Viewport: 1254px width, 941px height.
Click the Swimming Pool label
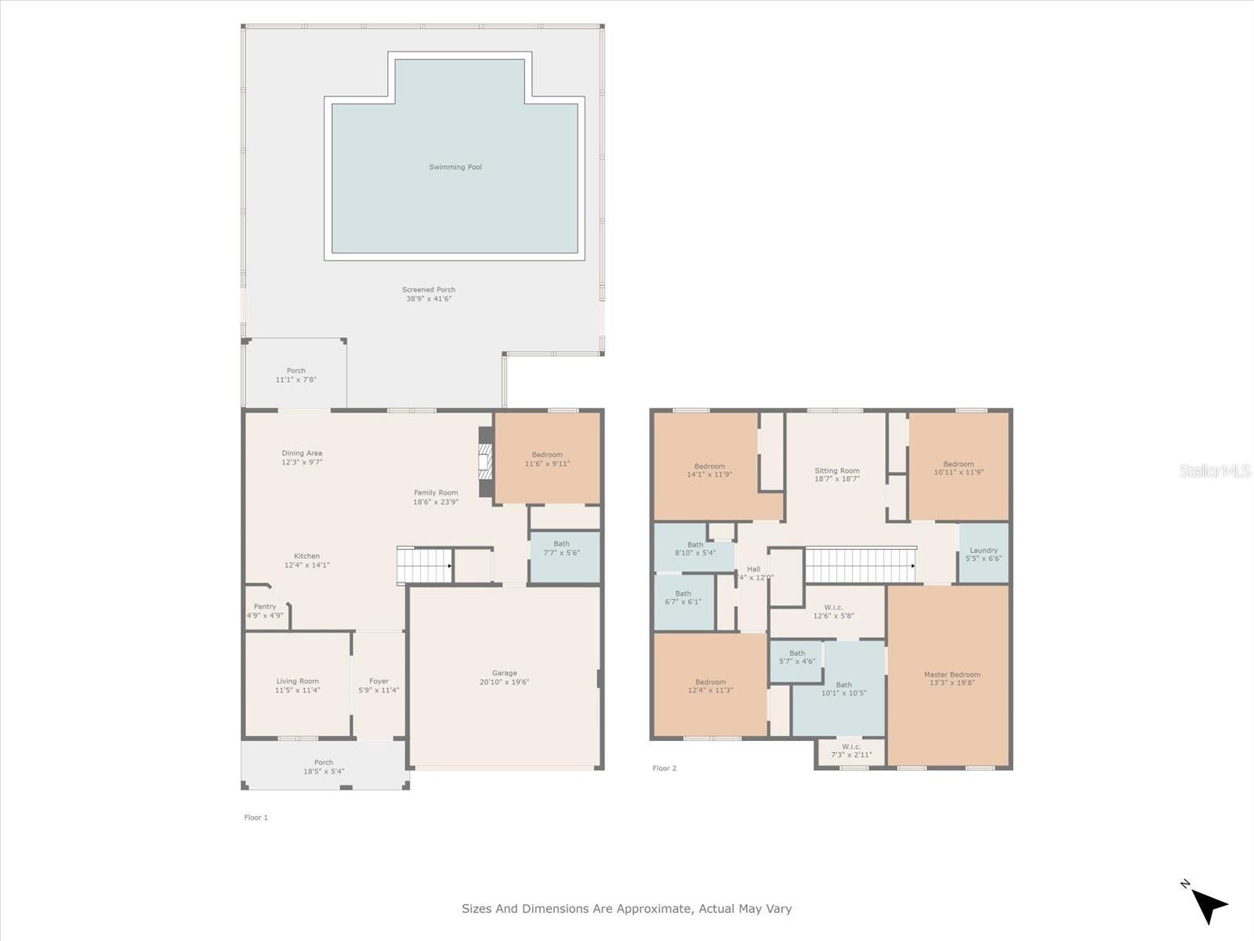455,167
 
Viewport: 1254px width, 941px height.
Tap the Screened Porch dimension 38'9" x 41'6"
429,299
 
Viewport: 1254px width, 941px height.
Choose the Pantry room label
265,607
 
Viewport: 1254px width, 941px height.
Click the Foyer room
379,685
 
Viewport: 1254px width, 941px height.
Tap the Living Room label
297,681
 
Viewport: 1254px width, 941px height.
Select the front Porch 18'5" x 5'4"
324,767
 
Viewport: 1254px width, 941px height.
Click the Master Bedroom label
951,674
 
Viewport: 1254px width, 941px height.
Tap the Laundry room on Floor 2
984,554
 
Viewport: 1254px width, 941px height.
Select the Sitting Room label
837,471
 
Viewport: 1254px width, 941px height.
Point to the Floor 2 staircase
861,565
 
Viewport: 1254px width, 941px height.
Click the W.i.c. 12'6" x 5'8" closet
833,612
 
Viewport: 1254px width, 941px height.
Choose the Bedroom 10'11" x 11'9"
959,468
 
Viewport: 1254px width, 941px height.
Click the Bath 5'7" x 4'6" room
797,657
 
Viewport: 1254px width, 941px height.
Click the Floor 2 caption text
665,768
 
